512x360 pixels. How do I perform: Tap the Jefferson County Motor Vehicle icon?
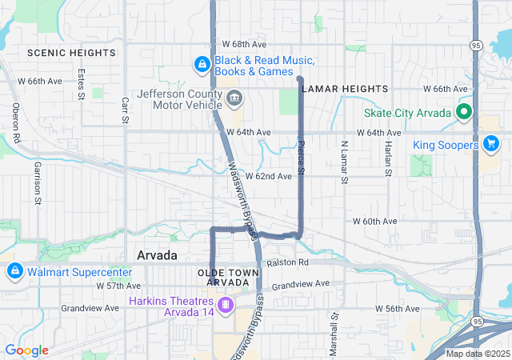234,99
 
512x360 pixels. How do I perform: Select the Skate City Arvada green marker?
463,112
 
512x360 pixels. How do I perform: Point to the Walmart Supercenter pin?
14,271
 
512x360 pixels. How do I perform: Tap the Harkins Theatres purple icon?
226,304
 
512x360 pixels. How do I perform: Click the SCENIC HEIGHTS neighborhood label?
71,52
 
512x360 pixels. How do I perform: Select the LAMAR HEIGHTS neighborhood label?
346,88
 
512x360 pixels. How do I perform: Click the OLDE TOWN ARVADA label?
230,278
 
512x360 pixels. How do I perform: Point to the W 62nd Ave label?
269,176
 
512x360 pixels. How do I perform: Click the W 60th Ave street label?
375,221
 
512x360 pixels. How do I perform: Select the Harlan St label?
387,159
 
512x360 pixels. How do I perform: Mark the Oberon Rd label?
15,122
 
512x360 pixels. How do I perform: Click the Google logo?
26,350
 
